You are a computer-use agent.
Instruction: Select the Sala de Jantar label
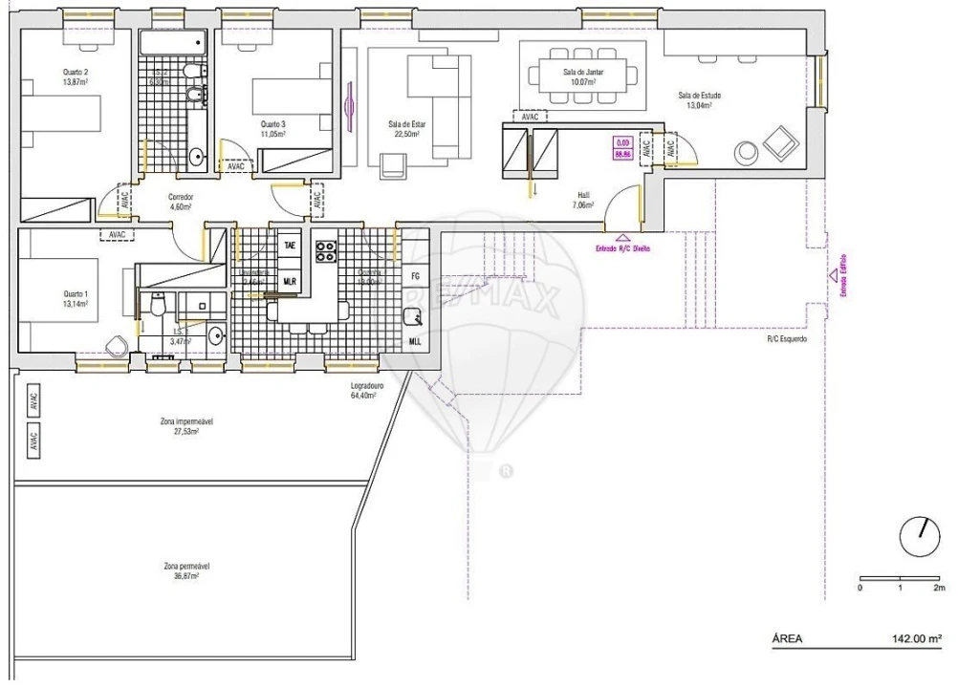(x=582, y=77)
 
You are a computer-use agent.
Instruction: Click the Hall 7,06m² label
(x=583, y=199)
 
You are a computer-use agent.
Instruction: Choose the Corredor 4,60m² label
(x=181, y=202)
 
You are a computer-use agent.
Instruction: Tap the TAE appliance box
(x=289, y=246)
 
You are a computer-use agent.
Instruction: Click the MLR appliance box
(x=289, y=281)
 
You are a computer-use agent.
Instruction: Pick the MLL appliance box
(x=415, y=340)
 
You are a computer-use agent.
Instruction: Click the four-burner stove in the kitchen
(x=326, y=250)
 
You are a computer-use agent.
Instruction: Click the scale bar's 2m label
(x=940, y=589)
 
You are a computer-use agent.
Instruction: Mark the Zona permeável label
(x=186, y=570)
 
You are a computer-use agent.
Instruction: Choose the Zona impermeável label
(x=186, y=426)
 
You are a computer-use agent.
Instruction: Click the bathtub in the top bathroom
(x=170, y=43)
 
